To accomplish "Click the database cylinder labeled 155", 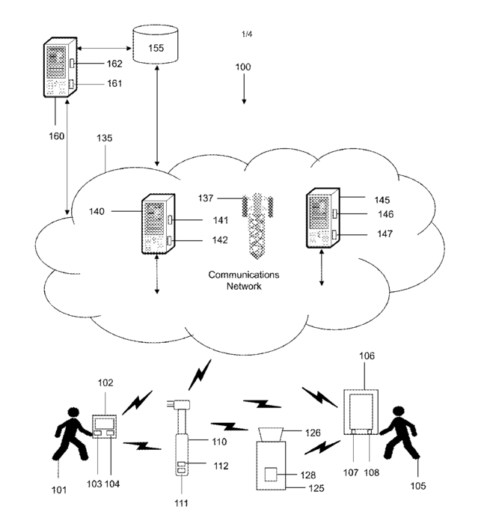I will [156, 44].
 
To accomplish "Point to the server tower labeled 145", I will [322, 220].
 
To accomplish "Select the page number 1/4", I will [247, 34].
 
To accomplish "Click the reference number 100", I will [243, 67].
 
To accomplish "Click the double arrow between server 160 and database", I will [104, 49].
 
